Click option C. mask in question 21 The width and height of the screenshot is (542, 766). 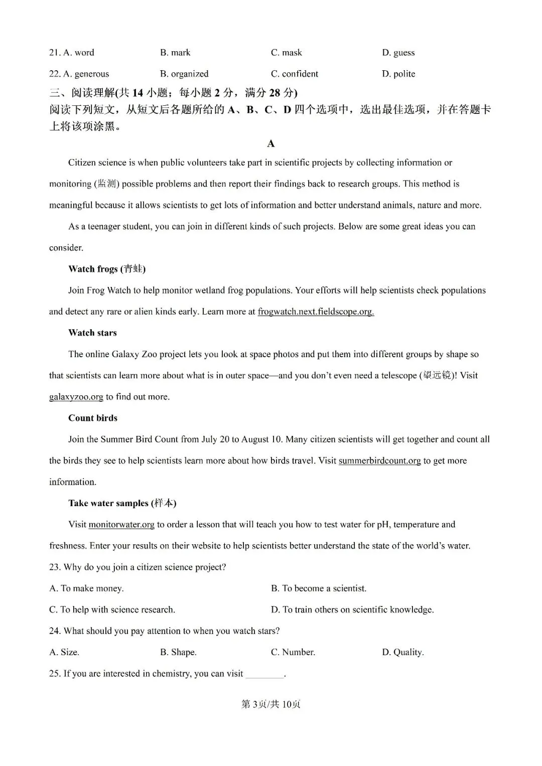pos(286,53)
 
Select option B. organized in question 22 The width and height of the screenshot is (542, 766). pos(184,74)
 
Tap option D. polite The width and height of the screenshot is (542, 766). pos(398,74)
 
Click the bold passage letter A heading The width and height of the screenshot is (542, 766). pos(271,144)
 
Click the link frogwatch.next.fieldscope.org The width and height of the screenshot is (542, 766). pos(316,312)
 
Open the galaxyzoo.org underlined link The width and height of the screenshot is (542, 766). pos(76,397)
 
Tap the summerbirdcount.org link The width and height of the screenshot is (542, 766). pos(379,461)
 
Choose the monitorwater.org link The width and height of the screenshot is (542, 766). pos(121,525)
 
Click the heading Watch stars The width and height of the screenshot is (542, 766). pos(92,333)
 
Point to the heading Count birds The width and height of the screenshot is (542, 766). pos(93,418)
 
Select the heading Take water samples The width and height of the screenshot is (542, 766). pos(122,503)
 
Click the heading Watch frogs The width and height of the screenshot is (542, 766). pos(106,269)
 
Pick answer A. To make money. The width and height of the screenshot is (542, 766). pos(86,588)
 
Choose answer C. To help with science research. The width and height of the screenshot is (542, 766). pos(112,609)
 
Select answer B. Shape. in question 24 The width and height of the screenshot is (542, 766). pos(178,652)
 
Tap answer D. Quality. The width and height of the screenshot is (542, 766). pos(402,652)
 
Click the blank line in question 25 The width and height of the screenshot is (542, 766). pos(264,675)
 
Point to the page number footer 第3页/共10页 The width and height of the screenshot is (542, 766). pos(271,704)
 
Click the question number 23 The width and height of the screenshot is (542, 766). pos(54,567)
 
